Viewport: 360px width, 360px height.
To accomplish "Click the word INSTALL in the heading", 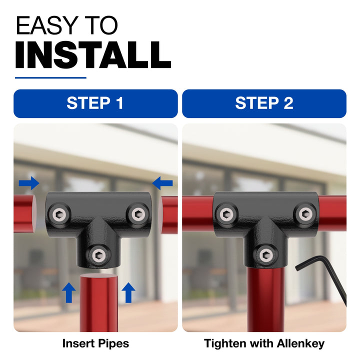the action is [93, 55].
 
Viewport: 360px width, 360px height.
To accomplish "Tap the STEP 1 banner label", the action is [95, 103].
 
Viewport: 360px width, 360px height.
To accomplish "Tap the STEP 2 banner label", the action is [264, 103].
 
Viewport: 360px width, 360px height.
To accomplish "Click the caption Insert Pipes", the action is [95, 343].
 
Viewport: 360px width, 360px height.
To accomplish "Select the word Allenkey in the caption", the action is [301, 343].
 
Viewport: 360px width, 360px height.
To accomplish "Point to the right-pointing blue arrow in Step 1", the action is [29, 183].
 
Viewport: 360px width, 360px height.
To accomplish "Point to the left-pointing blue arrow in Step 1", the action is [162, 183].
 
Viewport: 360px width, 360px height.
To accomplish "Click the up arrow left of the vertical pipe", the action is [68, 292].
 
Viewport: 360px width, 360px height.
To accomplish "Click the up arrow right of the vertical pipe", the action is [128, 292].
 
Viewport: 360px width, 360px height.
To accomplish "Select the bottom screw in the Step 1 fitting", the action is [99, 255].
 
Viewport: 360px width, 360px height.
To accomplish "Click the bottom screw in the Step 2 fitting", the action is [266, 255].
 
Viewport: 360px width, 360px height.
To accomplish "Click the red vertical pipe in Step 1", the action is [99, 302].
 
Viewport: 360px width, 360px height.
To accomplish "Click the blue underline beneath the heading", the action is [50, 78].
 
